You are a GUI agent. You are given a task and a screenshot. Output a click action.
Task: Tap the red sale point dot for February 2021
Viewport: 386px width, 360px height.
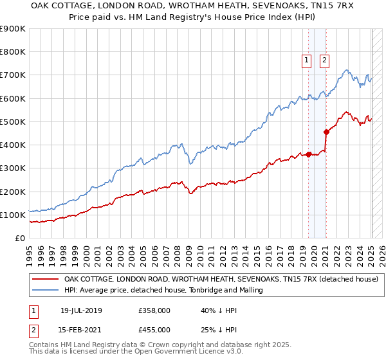click(326, 132)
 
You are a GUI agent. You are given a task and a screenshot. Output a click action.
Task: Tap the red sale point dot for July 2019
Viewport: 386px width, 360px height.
click(308, 154)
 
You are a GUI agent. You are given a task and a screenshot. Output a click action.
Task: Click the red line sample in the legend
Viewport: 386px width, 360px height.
click(45, 280)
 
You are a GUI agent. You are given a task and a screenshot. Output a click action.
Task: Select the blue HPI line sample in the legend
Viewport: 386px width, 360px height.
click(45, 291)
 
